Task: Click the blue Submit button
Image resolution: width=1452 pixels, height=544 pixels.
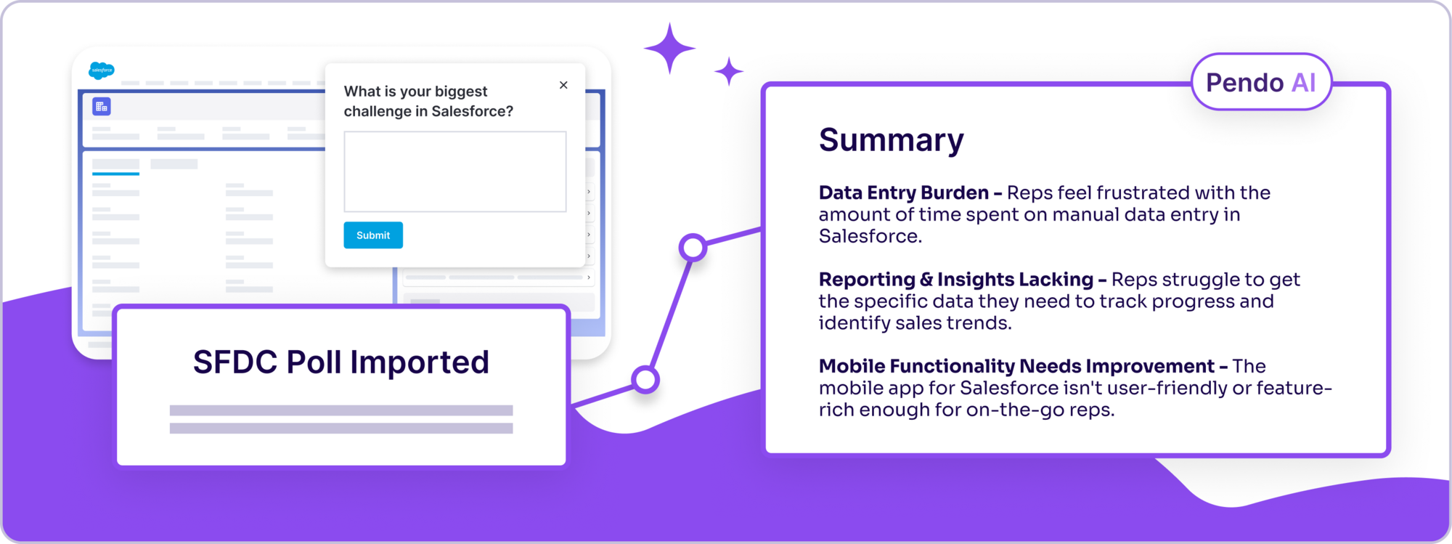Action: tap(373, 235)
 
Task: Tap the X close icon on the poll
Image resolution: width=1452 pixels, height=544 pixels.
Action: tap(563, 85)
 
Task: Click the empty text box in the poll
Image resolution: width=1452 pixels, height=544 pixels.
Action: tap(455, 171)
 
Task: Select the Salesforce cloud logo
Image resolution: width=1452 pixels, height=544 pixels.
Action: tap(102, 70)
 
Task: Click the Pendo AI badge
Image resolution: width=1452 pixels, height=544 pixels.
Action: tap(1261, 82)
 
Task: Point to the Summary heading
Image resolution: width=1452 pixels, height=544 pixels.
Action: tap(891, 139)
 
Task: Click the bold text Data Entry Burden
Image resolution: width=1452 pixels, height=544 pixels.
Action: tap(903, 192)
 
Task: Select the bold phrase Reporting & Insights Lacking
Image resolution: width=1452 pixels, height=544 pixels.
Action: tap(955, 280)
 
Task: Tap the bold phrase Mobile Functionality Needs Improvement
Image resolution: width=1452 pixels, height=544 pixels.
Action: tap(1016, 366)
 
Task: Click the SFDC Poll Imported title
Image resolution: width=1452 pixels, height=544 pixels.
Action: tap(341, 362)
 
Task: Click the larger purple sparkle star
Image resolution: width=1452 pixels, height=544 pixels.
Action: tap(669, 49)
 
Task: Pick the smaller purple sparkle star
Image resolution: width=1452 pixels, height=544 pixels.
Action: tap(729, 71)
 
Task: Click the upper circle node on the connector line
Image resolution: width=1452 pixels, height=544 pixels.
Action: tap(693, 248)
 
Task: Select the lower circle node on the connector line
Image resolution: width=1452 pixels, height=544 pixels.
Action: tap(645, 379)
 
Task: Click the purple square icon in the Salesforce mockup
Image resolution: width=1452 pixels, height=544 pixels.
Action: tap(102, 107)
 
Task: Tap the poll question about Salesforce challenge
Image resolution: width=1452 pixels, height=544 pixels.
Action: tap(428, 101)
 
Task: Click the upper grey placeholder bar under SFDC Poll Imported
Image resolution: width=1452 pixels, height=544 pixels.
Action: tap(341, 410)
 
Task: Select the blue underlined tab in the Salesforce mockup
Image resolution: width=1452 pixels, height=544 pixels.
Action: tap(115, 166)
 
